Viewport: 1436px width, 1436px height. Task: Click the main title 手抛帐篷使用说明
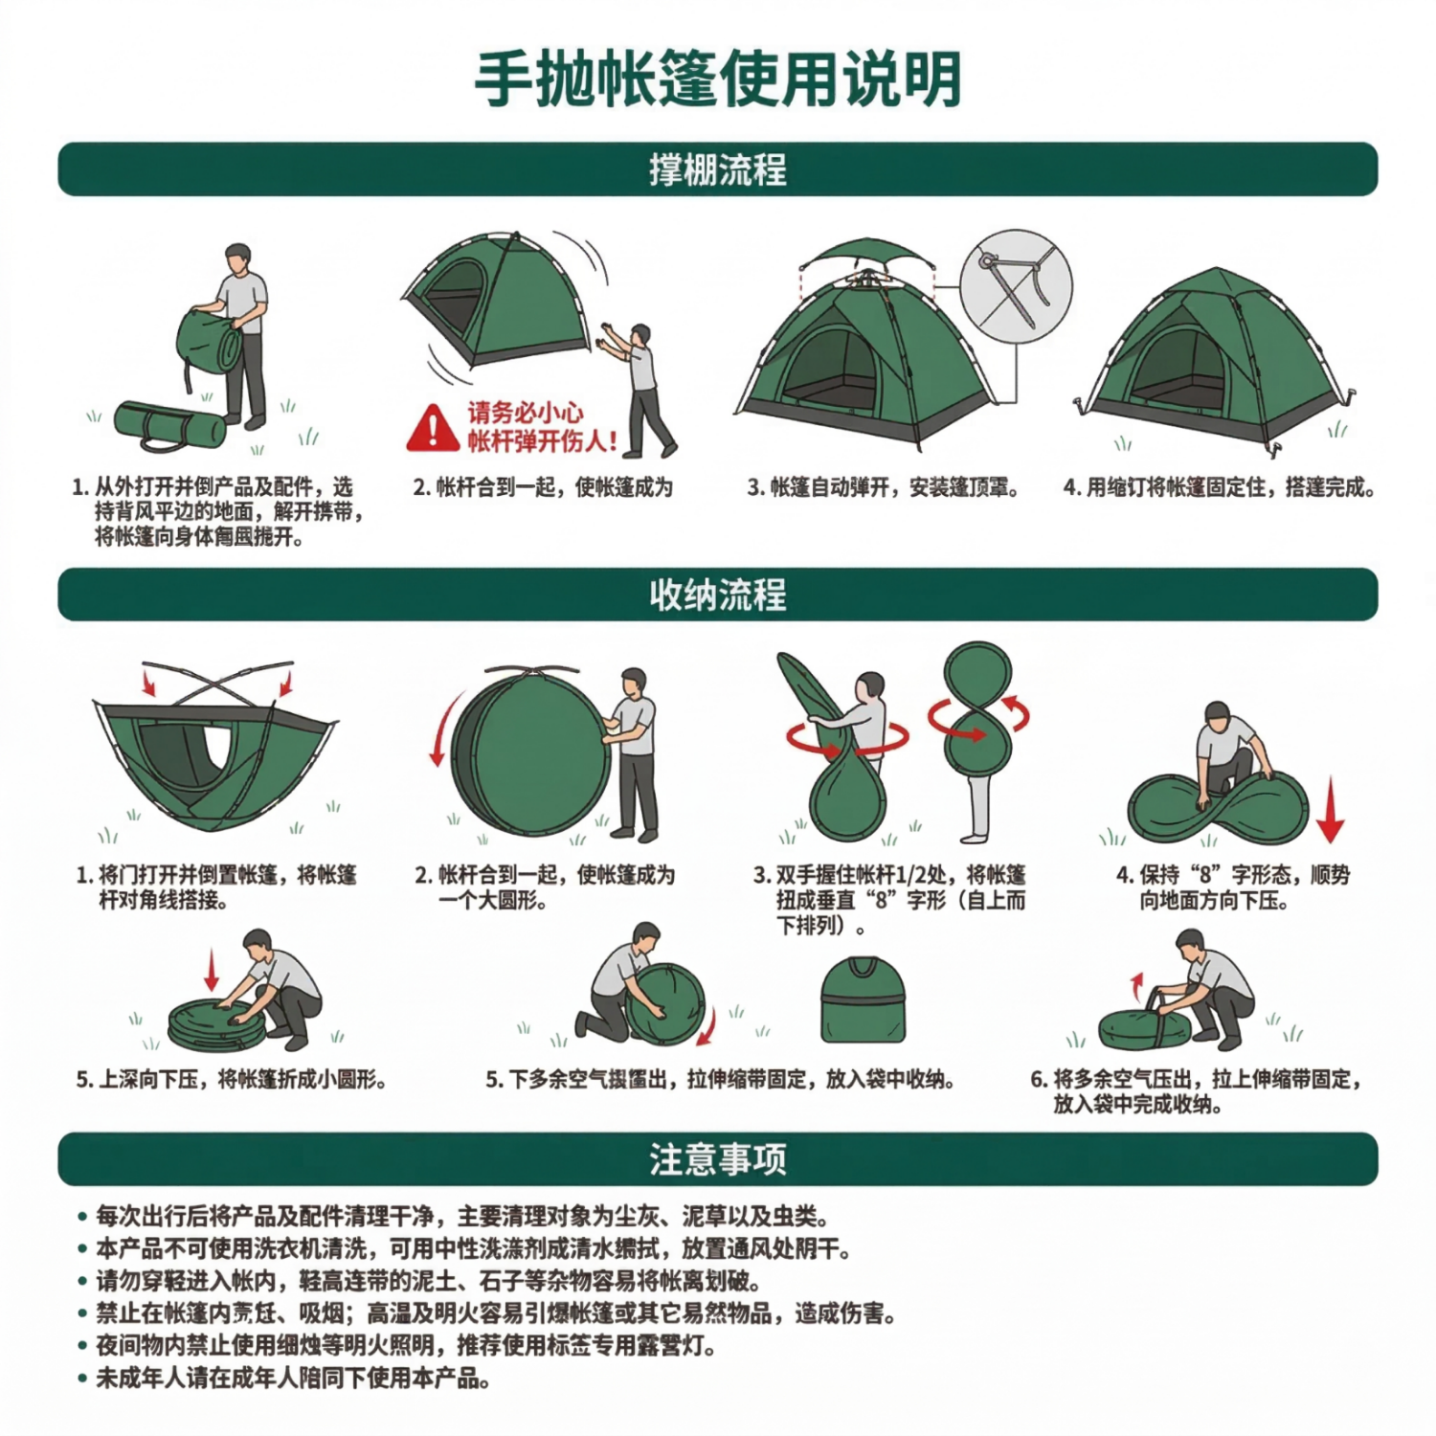coord(717,79)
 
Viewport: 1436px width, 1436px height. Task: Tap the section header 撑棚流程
coord(717,170)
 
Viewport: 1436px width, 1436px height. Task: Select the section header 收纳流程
coord(717,595)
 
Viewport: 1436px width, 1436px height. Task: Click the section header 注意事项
coord(717,1159)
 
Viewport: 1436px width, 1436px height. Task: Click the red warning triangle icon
coord(433,430)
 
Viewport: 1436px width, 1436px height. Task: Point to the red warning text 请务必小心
coord(526,414)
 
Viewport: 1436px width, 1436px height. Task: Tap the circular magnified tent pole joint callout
coord(1016,285)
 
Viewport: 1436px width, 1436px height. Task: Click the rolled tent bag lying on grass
coord(169,425)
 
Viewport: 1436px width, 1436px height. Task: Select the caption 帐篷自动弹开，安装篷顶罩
coord(883,488)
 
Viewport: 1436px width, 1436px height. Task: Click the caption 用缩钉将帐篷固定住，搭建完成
coord(1219,488)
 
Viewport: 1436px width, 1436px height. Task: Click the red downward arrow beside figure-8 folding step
coord(1330,810)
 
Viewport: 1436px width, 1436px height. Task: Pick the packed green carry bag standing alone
coord(863,1000)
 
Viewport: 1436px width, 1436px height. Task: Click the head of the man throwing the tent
coord(640,334)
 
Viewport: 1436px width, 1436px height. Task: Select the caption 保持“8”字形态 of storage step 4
coord(1232,887)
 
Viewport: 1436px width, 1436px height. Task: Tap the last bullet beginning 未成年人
coord(293,1380)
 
